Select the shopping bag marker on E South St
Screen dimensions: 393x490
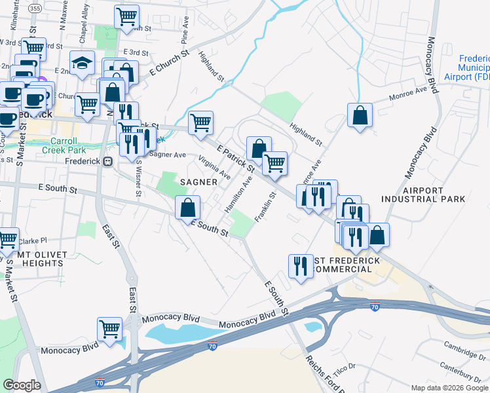point(188,207)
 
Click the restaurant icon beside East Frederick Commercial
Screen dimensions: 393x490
point(301,265)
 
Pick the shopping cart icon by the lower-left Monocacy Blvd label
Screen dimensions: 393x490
point(109,328)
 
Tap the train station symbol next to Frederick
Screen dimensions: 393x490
point(108,161)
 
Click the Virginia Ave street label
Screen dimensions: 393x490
point(215,168)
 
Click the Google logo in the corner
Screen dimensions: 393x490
point(22,384)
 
